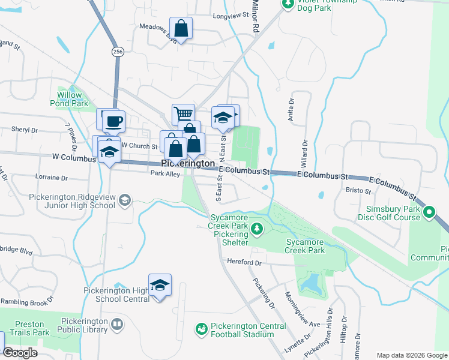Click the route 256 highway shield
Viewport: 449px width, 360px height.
click(x=118, y=53)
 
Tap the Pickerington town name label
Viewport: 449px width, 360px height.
click(x=188, y=163)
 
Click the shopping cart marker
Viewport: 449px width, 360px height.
click(x=184, y=113)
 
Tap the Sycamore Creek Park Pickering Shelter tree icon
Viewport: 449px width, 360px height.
click(x=257, y=229)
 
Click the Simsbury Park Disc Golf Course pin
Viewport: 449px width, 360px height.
click(x=430, y=212)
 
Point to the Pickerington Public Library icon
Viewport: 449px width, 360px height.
click(x=117, y=325)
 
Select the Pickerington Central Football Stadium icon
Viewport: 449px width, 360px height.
click(x=201, y=329)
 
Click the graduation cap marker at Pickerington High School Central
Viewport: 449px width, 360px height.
click(x=160, y=285)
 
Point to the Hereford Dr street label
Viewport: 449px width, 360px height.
click(x=244, y=262)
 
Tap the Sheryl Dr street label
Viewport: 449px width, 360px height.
click(x=25, y=130)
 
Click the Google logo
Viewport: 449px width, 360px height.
click(x=20, y=353)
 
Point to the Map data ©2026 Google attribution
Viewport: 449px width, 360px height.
click(x=411, y=355)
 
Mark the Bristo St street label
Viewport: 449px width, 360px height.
click(x=360, y=190)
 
